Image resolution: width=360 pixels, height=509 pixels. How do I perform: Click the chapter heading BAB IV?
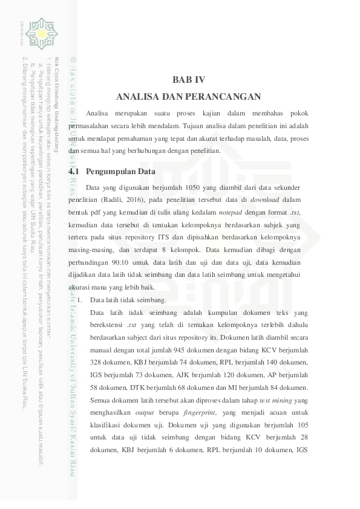pyautogui.click(x=188, y=79)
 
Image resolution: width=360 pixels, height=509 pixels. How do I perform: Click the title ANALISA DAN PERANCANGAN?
pyautogui.click(x=188, y=96)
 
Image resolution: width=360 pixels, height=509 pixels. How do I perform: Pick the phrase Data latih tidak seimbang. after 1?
pyautogui.click(x=128, y=300)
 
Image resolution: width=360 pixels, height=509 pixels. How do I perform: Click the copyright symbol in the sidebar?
pyautogui.click(x=73, y=59)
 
